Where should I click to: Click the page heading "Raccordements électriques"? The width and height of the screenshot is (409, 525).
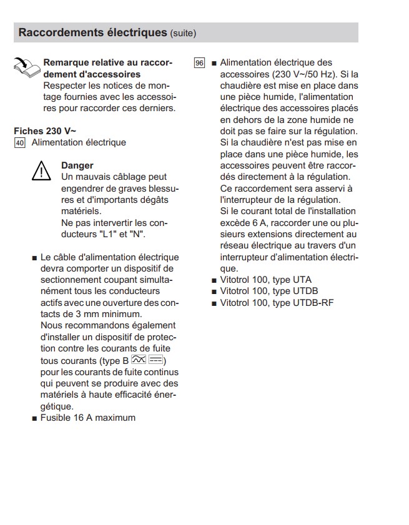(93, 32)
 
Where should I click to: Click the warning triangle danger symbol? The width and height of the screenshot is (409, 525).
(41, 171)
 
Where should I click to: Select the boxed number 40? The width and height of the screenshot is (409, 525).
(19, 143)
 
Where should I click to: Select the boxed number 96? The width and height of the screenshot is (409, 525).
(199, 63)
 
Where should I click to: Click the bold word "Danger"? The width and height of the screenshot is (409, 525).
(77, 165)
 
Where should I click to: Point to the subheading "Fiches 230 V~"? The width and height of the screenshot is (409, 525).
(45, 131)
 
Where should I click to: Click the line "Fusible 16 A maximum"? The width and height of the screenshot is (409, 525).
(87, 417)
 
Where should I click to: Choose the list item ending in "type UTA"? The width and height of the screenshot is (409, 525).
(265, 280)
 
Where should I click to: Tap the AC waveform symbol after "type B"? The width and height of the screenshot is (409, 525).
(139, 361)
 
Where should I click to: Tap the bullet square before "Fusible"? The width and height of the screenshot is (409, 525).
(34, 418)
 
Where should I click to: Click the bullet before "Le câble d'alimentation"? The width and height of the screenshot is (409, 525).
(34, 258)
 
